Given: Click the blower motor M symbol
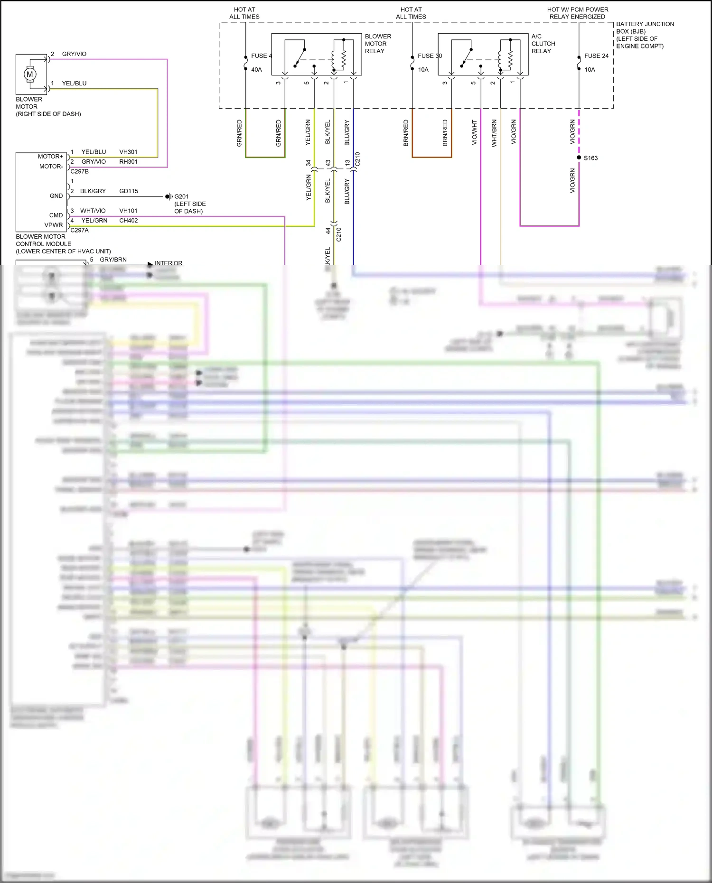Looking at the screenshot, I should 30,74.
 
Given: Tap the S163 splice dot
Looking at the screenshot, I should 579,158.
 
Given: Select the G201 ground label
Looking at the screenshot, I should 181,196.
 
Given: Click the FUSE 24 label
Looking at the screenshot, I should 596,56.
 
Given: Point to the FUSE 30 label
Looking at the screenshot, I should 430,56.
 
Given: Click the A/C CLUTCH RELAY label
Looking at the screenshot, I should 543,44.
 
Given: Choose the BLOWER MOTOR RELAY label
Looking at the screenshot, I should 378,44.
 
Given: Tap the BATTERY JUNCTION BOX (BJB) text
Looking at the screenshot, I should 645,28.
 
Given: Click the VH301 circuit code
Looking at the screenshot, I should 128,152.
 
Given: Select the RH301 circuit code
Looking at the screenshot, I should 128,162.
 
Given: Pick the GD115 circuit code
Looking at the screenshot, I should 129,191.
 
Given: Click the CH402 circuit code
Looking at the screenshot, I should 128,221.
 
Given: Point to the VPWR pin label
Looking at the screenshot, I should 54,225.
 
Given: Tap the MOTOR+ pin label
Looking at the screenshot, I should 50,157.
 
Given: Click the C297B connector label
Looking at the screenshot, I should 79,171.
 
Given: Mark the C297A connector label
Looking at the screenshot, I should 79,230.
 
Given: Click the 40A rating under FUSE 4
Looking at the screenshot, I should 256,70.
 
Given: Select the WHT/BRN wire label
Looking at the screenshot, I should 494,133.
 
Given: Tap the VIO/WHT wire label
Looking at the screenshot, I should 474,132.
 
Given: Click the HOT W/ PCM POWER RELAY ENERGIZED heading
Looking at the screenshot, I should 577,13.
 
